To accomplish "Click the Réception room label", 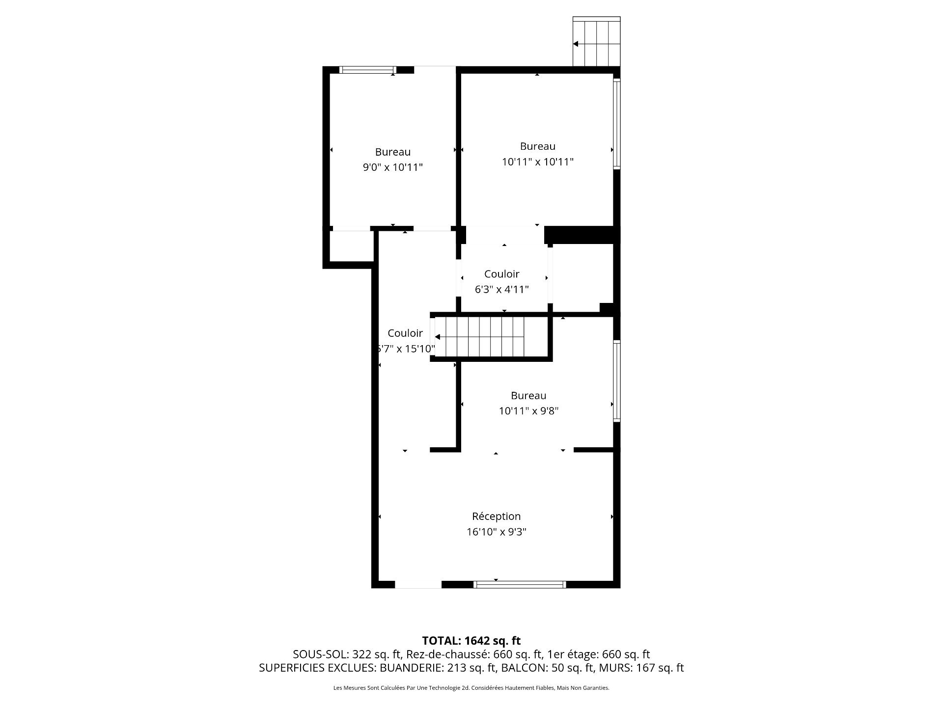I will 496,516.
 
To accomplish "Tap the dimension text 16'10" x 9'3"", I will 496,532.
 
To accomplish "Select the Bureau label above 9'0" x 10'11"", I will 392,152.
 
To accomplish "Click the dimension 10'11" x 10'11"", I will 537,162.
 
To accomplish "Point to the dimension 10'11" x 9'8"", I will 528,411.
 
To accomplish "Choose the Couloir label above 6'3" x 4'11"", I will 501,274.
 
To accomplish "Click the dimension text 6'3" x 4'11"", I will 501,290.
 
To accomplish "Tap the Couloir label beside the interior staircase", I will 405,333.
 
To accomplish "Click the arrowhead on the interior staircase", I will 437,337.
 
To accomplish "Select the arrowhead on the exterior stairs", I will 575,44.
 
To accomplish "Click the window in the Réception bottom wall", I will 520,584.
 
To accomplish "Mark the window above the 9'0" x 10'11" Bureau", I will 368,70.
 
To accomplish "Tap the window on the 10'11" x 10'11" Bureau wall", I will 617,124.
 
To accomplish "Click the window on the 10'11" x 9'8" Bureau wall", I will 617,381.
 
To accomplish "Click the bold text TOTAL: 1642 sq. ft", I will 471,641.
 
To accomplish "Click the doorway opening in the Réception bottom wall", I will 418,584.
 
